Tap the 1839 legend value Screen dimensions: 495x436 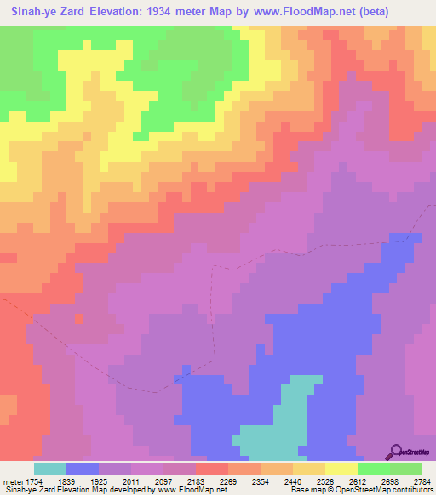pyautogui.click(x=83, y=480)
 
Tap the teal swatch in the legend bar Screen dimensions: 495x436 pyautogui.click(x=50, y=469)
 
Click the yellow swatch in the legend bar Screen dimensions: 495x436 pyautogui.click(x=341, y=469)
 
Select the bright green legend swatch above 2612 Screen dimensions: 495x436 pyautogui.click(x=373, y=469)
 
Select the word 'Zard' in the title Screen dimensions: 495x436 pyautogui.click(x=81, y=11)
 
